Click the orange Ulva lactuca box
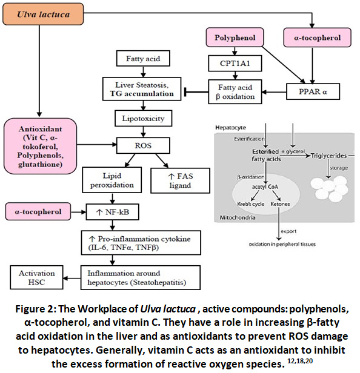pyautogui.click(x=43, y=15)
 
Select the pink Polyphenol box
pyautogui.click(x=235, y=38)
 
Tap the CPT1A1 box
pyautogui.click(x=235, y=63)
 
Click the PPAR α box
pyautogui.click(x=313, y=91)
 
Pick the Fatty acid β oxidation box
pyautogui.click(x=235, y=92)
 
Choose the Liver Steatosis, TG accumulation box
pyautogui.click(x=142, y=89)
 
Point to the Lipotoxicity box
pyautogui.click(x=143, y=118)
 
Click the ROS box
pyautogui.click(x=143, y=145)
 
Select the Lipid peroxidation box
pyautogui.click(x=112, y=180)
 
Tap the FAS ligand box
pyautogui.click(x=180, y=180)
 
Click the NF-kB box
pyautogui.click(x=112, y=212)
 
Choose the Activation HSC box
pyautogui.click(x=36, y=277)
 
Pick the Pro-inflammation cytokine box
pyautogui.click(x=141, y=243)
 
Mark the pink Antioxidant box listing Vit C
pyautogui.click(x=40, y=146)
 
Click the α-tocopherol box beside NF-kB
pyautogui.click(x=38, y=211)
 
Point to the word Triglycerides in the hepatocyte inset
pyautogui.click(x=328, y=156)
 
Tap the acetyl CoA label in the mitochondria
pyautogui.click(x=265, y=187)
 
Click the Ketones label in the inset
pyautogui.click(x=280, y=204)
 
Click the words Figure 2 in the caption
pyautogui.click(x=36, y=309)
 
